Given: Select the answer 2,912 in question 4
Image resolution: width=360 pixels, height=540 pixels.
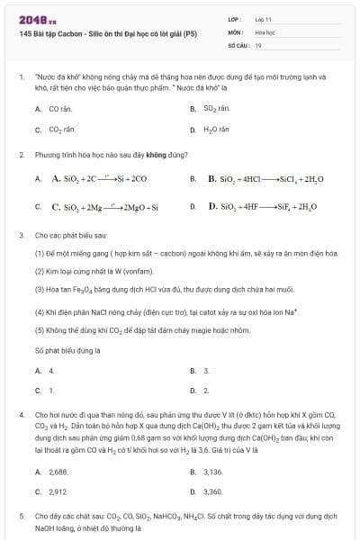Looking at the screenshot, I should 58,492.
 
